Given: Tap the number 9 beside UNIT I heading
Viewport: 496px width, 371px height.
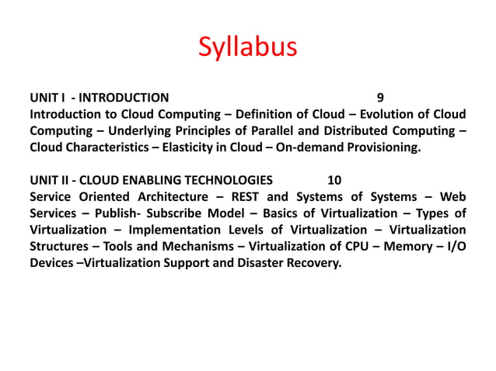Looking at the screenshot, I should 379,98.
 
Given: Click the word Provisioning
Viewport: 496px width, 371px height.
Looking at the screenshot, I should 381,147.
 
